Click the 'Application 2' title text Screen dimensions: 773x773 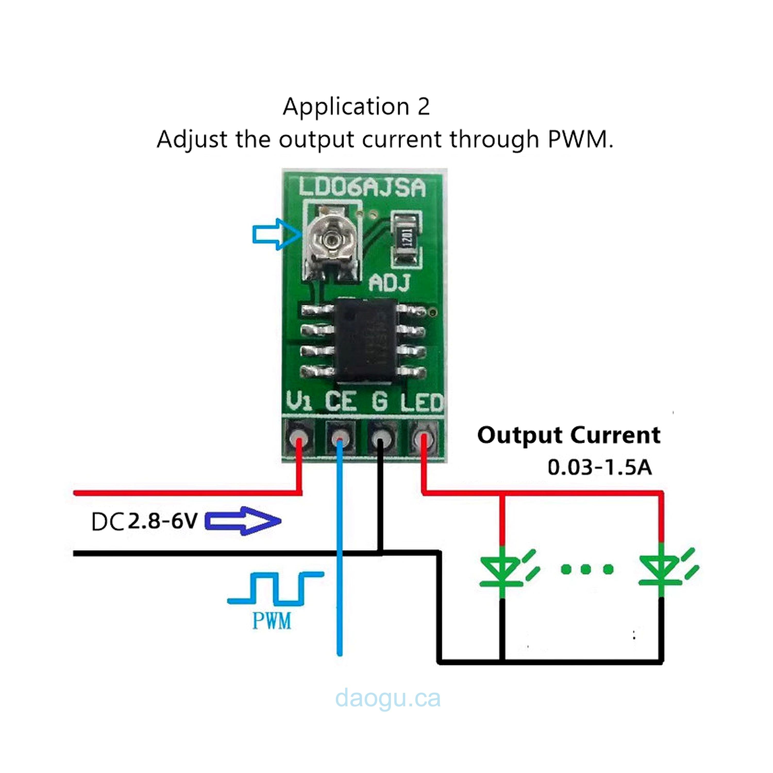pyautogui.click(x=356, y=107)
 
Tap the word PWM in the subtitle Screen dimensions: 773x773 pyautogui.click(x=579, y=140)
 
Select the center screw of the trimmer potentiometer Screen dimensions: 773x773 pyautogui.click(x=332, y=239)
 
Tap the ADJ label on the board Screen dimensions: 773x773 pyautogui.click(x=390, y=283)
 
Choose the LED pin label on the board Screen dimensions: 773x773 pyautogui.click(x=422, y=402)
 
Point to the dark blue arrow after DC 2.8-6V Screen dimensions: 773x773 pyautogui.click(x=243, y=521)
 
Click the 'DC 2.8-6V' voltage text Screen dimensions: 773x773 pyautogui.click(x=145, y=521)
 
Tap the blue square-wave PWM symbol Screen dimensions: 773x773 pyautogui.click(x=275, y=588)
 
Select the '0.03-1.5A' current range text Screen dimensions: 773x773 pyautogui.click(x=599, y=467)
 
